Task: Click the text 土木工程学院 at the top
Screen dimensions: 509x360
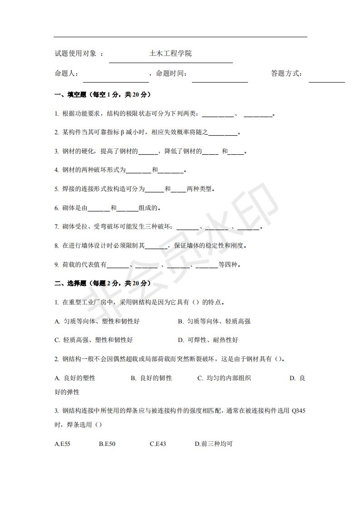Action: pyautogui.click(x=170, y=54)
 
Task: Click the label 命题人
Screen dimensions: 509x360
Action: pyautogui.click(x=66, y=73)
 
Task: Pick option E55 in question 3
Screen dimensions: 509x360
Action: pyautogui.click(x=62, y=444)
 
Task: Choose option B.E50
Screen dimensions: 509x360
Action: pyautogui.click(x=107, y=444)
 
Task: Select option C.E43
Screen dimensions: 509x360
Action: pyautogui.click(x=158, y=444)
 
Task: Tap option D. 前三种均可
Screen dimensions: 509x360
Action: pyautogui.click(x=213, y=444)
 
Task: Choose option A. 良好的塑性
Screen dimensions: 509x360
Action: pyautogui.click(x=75, y=378)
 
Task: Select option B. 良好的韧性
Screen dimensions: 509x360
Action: pyautogui.click(x=151, y=378)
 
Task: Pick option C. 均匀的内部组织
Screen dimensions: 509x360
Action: pyautogui.click(x=224, y=378)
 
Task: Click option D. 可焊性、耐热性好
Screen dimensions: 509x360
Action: pyautogui.click(x=207, y=340)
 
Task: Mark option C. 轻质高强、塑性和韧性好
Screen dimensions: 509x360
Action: pyautogui.click(x=94, y=340)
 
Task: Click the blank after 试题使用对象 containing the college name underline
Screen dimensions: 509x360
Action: pyautogui.click(x=171, y=62)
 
